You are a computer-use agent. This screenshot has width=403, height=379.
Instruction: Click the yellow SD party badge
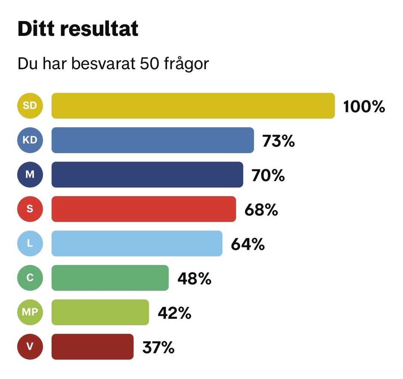30,106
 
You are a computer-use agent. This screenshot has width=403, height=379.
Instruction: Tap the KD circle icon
30,140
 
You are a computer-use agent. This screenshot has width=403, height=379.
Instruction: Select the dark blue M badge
30,175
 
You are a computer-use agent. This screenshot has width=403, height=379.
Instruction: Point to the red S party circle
30,209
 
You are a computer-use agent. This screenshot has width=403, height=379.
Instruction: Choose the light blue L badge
30,243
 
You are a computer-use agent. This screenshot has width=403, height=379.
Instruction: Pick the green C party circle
30,278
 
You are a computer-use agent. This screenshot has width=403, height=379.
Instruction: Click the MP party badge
30,312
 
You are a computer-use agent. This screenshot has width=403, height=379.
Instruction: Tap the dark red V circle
30,346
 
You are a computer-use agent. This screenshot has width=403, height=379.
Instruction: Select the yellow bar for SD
193,106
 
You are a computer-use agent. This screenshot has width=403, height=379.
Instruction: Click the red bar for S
144,209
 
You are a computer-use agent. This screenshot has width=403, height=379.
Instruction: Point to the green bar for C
110,278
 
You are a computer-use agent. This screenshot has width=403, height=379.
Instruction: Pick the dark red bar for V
93,346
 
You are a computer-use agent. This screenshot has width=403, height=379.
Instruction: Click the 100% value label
364,107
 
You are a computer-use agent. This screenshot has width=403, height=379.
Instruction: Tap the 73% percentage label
279,141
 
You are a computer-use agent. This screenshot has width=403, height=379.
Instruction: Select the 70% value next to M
268,176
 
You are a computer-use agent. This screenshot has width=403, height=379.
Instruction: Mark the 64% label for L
248,244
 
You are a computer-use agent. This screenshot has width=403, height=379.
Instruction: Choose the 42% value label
175,313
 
